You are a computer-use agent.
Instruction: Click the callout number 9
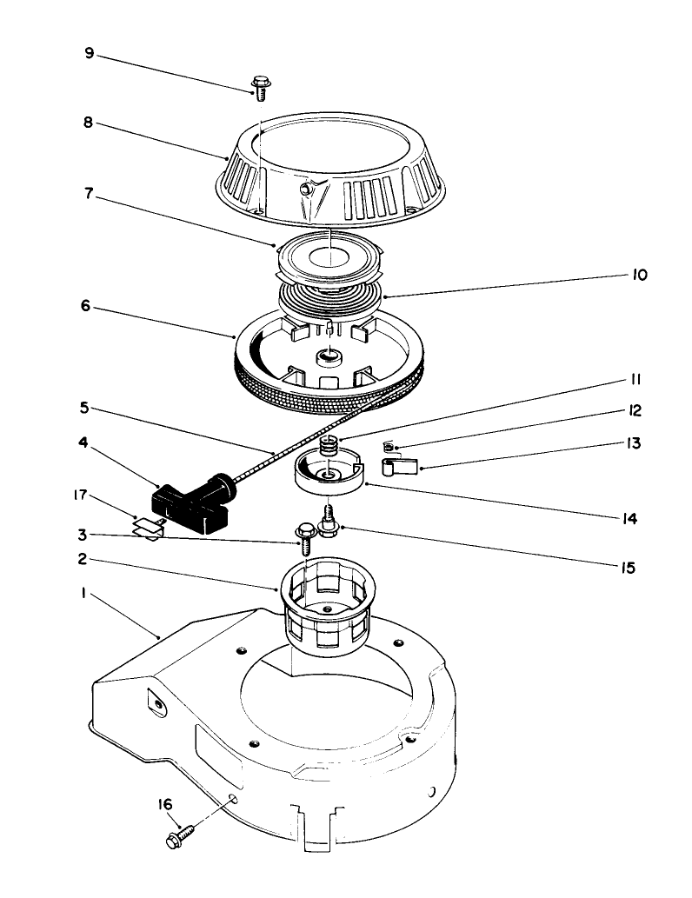point(89,53)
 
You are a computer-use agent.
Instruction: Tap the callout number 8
point(89,124)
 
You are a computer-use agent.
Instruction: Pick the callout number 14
point(630,519)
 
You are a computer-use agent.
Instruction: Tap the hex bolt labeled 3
point(305,538)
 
